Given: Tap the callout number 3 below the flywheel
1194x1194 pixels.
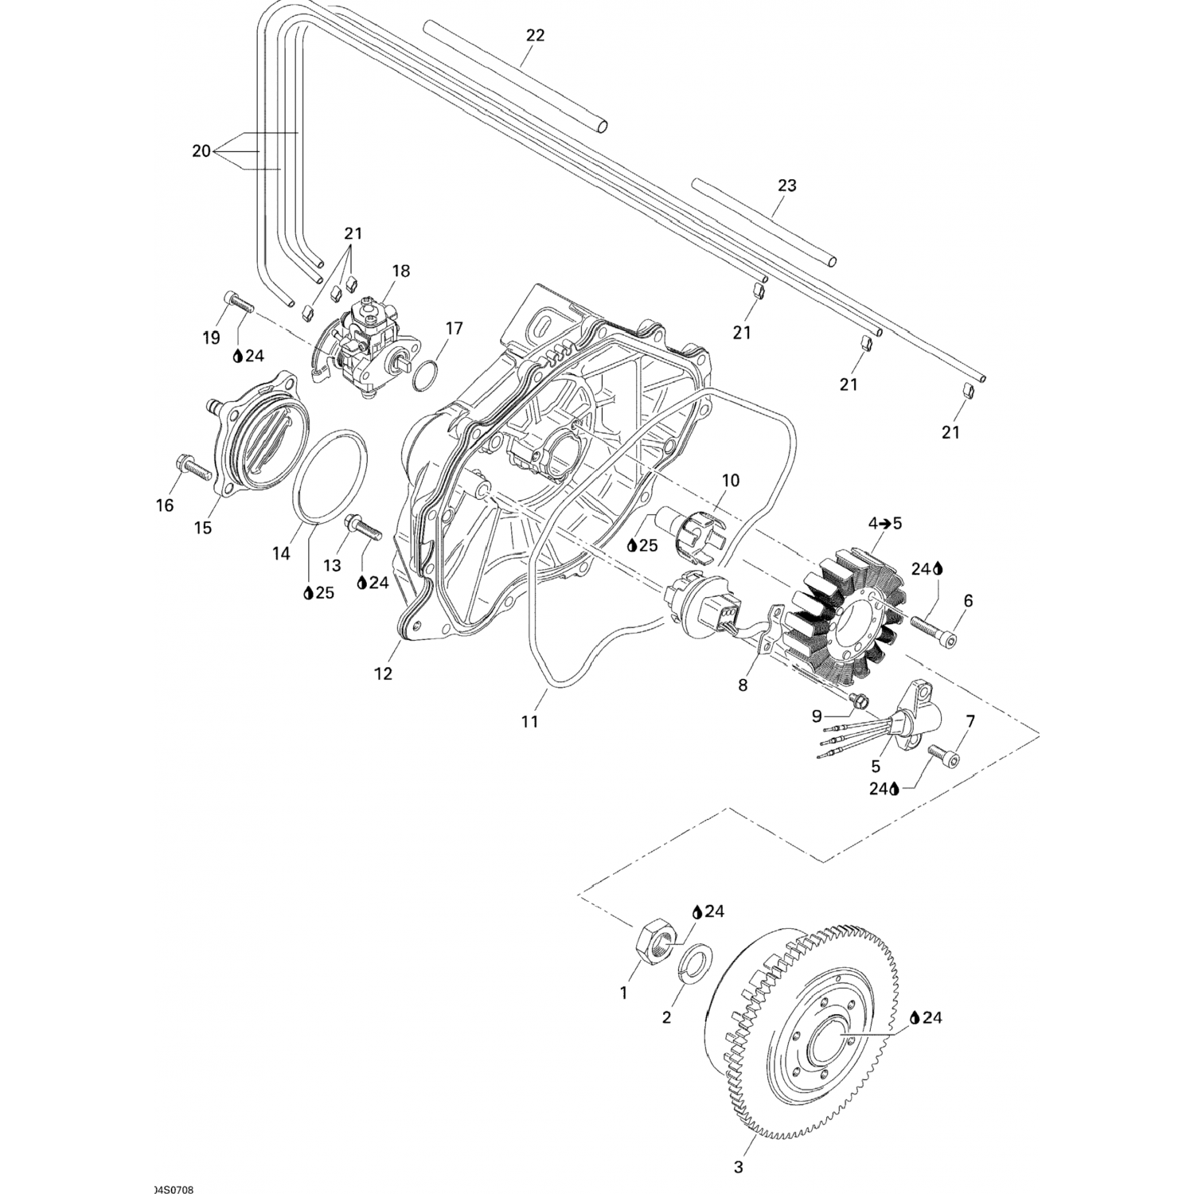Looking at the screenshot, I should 739,1167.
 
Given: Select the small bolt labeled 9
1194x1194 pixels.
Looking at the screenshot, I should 858,700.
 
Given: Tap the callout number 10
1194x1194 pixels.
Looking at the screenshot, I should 730,481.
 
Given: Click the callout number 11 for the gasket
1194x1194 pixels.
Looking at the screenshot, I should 529,721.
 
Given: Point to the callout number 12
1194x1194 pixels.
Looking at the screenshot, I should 383,673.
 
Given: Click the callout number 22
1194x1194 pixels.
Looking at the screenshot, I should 535,35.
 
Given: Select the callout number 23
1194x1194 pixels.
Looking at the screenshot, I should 786,185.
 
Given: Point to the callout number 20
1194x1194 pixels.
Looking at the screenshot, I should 201,150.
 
